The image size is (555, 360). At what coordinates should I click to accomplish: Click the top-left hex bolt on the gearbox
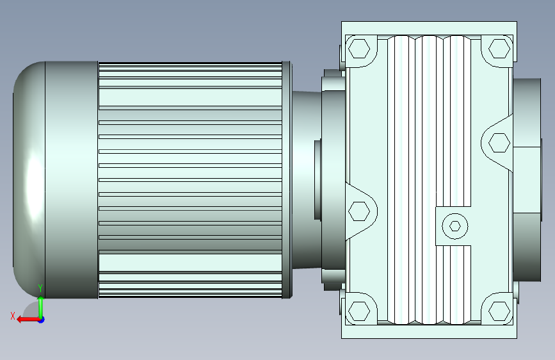(x=359, y=49)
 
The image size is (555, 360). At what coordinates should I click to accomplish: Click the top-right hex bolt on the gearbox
(x=499, y=49)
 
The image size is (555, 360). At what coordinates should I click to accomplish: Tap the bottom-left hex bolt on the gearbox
(x=359, y=311)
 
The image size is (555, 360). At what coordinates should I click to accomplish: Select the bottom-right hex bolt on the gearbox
(x=499, y=311)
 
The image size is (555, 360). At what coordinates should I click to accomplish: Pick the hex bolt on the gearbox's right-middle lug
(x=499, y=143)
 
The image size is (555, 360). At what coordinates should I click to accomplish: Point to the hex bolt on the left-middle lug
(x=359, y=211)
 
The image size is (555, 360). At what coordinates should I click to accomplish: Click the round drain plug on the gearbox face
(x=455, y=226)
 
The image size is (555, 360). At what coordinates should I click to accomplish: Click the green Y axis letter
(x=40, y=288)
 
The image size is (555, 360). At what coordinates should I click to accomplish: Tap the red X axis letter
(x=13, y=316)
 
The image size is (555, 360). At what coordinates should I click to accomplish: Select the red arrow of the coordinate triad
(x=29, y=320)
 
